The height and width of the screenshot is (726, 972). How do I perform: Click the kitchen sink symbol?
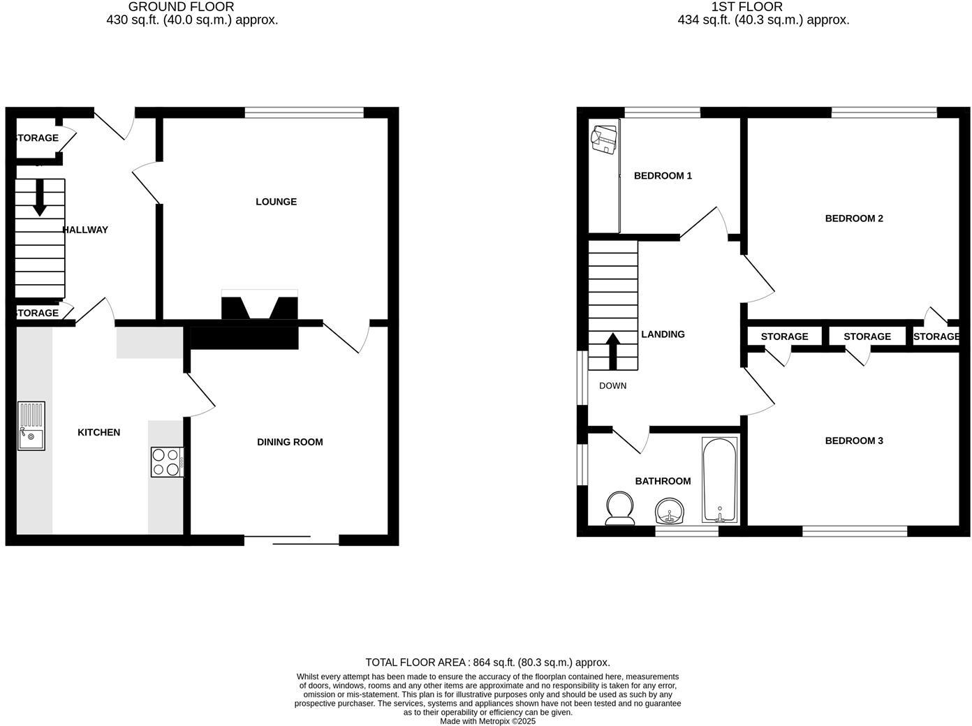coord(31,426)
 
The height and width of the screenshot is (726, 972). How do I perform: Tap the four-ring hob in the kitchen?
coord(168,462)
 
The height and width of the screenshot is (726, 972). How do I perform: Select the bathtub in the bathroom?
coord(719,480)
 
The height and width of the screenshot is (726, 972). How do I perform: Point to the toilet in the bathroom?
coord(619,509)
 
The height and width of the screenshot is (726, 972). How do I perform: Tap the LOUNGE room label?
coord(276,202)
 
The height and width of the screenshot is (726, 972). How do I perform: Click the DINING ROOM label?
coord(290,442)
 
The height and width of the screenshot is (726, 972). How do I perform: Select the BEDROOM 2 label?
coord(854,218)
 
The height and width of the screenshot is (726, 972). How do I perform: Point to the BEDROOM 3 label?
coord(854,440)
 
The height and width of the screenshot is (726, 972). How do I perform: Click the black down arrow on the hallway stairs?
coord(39,198)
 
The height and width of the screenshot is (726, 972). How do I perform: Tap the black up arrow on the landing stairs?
coord(613,351)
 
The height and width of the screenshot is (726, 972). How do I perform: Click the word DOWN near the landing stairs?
coord(612,386)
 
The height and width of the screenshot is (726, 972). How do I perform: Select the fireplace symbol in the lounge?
coord(259,306)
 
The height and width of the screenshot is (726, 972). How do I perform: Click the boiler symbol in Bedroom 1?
coord(604,138)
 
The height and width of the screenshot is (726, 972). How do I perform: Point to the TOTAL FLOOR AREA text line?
coord(487,662)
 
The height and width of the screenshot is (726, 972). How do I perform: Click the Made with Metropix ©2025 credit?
coord(487,721)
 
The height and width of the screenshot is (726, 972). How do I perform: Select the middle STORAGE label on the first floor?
coord(867,336)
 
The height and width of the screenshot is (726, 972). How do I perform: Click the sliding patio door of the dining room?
coord(291,539)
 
